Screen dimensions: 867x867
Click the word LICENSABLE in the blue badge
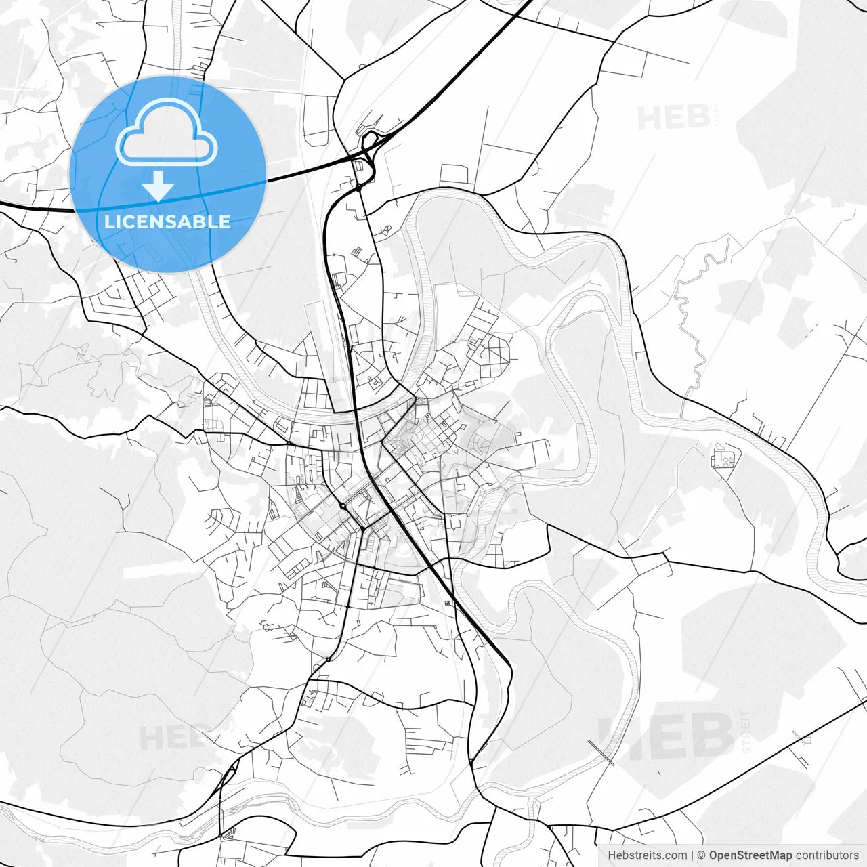[x=167, y=221]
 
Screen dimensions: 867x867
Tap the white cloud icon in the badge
[x=167, y=133]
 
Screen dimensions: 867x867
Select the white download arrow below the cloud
[x=158, y=186]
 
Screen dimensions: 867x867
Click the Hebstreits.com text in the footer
[x=647, y=855]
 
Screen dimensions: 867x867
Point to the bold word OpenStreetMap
[x=750, y=855]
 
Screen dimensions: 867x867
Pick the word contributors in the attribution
[x=827, y=855]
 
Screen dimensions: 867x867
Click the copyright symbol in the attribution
[x=701, y=855]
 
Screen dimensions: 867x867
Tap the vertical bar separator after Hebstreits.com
[x=692, y=855]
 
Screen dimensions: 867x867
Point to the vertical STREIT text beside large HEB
[x=746, y=732]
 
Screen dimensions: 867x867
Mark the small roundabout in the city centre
[x=343, y=505]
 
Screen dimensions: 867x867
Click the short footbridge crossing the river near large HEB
[x=601, y=752]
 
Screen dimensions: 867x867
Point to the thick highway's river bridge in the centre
[x=354, y=409]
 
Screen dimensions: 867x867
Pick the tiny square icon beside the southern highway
[x=448, y=603]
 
